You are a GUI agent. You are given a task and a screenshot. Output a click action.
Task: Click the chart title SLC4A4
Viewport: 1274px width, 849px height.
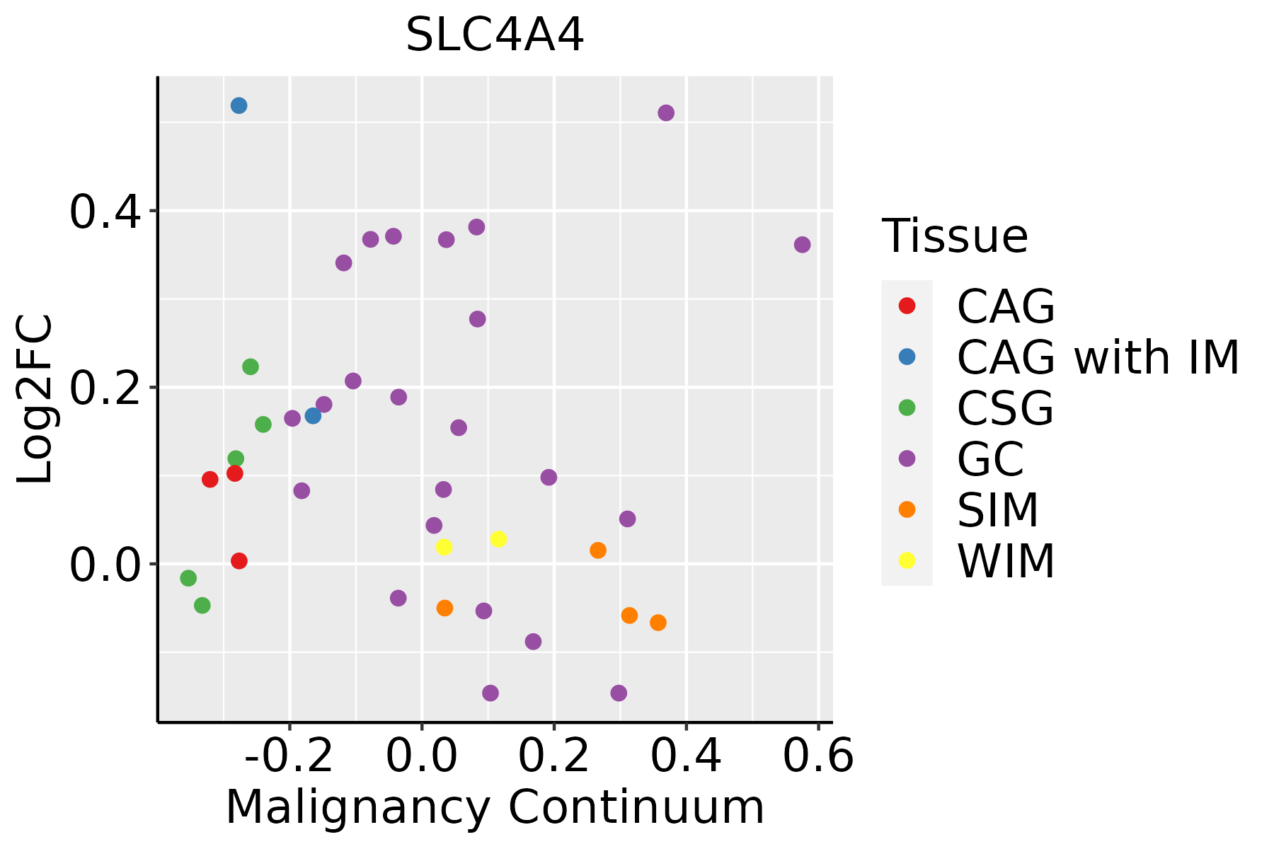pyautogui.click(x=495, y=35)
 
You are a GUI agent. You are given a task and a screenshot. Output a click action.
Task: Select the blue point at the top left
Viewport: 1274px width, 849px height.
pyautogui.click(x=239, y=105)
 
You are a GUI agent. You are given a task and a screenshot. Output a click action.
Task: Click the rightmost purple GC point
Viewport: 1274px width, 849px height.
pyautogui.click(x=802, y=245)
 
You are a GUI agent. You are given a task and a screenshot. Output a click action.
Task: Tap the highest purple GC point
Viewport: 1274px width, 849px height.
pyautogui.click(x=666, y=112)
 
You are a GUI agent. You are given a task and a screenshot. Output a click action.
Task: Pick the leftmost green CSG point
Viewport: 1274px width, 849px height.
pyautogui.click(x=188, y=578)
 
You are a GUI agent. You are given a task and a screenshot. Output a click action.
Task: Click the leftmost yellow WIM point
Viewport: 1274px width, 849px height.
pyautogui.click(x=444, y=547)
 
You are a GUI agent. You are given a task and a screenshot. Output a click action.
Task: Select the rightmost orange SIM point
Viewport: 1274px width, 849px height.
pyautogui.click(x=658, y=623)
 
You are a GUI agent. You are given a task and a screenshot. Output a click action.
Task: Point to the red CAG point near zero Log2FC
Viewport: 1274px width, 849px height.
pyautogui.click(x=239, y=561)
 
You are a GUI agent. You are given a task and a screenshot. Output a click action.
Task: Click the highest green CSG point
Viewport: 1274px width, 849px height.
pyautogui.click(x=251, y=366)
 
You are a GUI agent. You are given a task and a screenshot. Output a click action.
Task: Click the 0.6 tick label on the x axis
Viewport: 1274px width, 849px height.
pyautogui.click(x=818, y=756)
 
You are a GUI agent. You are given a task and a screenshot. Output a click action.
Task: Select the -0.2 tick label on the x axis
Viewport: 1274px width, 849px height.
pyautogui.click(x=289, y=756)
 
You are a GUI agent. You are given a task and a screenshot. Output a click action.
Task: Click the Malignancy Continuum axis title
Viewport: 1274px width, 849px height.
pyautogui.click(x=495, y=807)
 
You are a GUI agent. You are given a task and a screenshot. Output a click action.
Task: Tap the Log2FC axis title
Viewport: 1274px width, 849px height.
pyautogui.click(x=35, y=399)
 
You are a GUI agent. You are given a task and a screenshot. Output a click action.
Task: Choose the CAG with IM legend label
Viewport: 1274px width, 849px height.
pyautogui.click(x=1098, y=357)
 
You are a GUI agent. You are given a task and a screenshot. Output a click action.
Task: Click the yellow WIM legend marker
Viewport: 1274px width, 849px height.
pyautogui.click(x=907, y=560)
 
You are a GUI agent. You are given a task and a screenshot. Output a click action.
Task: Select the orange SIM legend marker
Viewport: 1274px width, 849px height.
pyautogui.click(x=907, y=509)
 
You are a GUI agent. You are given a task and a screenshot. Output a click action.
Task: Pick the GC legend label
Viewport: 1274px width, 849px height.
pyautogui.click(x=990, y=459)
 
